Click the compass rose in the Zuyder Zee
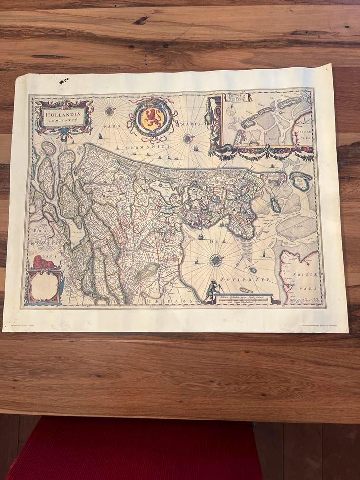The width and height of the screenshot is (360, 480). [216, 260]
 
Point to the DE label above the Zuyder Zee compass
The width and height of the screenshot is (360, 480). [215, 241]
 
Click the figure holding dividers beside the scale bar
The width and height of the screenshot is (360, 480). [212, 291]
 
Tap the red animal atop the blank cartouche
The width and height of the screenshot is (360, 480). [43, 263]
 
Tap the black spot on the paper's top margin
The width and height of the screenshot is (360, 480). [64, 81]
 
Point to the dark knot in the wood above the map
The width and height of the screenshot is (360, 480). [141, 20]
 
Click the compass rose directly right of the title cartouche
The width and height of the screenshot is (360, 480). [109, 111]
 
